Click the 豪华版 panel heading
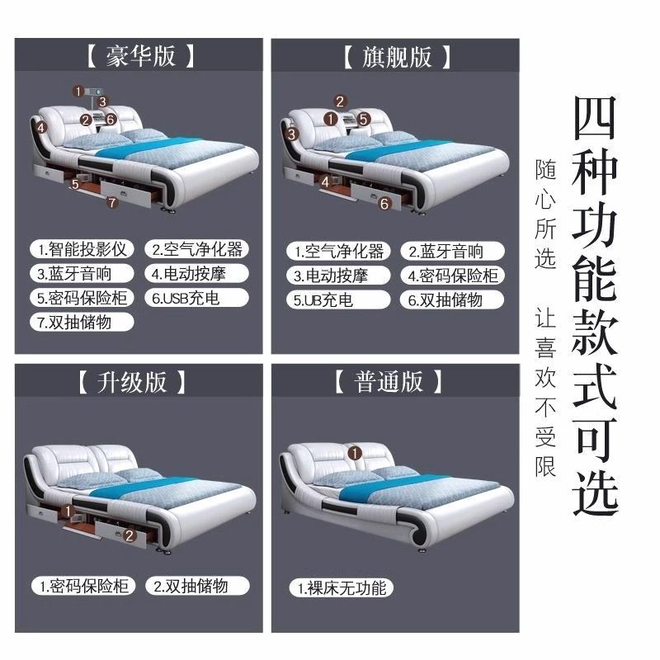pos(140,56)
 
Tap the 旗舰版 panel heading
pos(397,57)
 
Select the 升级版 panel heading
pos(132,382)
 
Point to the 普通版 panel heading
pos(389,381)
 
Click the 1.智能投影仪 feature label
pos(82,249)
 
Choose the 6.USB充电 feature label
pos(196,298)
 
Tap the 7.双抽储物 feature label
pos(82,323)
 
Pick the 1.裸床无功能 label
pos(342,588)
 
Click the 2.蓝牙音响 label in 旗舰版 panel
pos(452,252)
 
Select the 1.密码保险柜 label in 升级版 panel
pos(83,586)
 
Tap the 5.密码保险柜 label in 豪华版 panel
pos(82,298)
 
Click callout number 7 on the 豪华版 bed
pos(112,203)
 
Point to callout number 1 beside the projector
pos(78,92)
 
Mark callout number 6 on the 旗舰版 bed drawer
pos(384,204)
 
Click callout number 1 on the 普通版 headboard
pos(355,453)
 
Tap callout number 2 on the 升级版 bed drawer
pos(130,535)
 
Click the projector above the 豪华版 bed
pos(94,92)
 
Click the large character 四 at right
pos(595,118)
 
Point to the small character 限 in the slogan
pos(545,465)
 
